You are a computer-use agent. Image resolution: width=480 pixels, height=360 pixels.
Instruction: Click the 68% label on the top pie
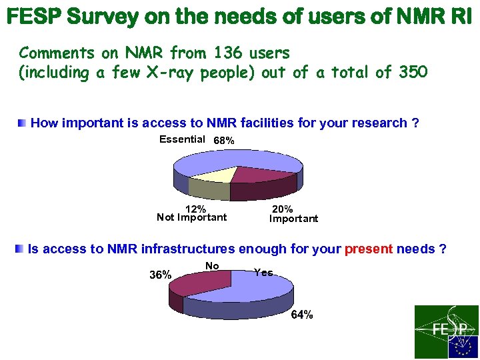coord(223,141)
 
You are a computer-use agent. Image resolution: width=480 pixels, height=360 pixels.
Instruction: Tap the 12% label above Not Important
coord(195,209)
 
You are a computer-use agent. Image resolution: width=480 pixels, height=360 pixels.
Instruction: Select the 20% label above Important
coord(283,209)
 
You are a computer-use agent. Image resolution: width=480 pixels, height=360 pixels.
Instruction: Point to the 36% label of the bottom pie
coord(160,275)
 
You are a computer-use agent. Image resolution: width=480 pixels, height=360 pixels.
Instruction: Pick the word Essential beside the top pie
coord(182,139)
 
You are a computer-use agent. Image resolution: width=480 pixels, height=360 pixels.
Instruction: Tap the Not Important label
coord(191,217)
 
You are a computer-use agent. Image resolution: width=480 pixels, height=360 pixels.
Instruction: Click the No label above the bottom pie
coord(213,265)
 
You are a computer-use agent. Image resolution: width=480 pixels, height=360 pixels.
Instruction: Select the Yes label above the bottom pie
coord(263,272)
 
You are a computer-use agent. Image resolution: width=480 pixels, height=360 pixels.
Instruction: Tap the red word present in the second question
coord(369,249)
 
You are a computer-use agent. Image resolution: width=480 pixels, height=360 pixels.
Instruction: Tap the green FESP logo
coord(446,331)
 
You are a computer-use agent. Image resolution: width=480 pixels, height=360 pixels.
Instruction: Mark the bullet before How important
coord(22,123)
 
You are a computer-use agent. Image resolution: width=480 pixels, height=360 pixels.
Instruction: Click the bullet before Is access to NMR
coord(20,249)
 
